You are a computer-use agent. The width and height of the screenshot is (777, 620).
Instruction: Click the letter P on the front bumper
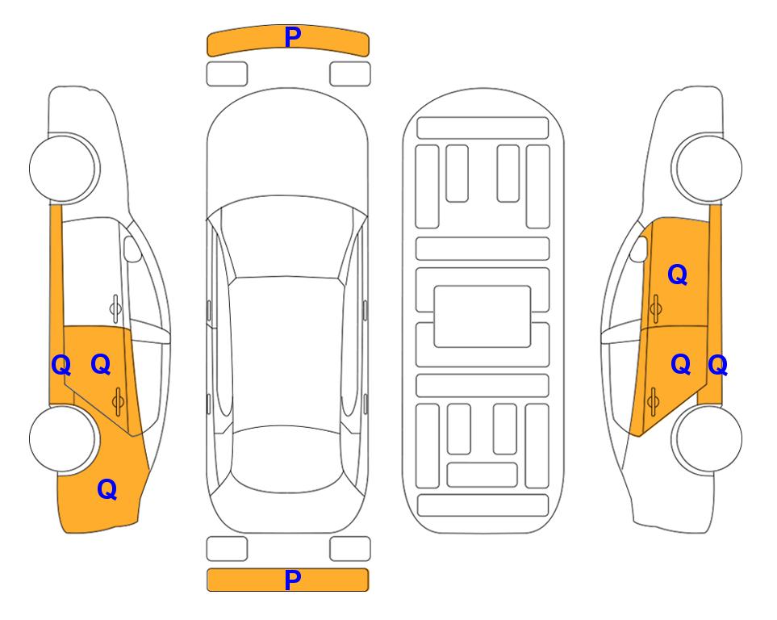click(x=293, y=36)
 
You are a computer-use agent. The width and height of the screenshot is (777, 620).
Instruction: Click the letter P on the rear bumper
click(x=293, y=580)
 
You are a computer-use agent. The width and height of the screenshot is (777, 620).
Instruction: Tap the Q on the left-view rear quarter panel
click(x=107, y=489)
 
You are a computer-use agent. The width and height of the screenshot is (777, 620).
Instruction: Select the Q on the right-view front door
click(x=678, y=274)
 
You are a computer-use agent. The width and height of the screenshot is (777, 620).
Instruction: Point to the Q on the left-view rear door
click(x=101, y=365)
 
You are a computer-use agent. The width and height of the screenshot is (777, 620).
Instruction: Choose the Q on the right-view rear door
click(x=681, y=365)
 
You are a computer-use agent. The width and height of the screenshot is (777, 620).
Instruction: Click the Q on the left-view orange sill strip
click(x=61, y=366)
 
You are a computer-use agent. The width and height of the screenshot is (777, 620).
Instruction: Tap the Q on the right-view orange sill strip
click(x=718, y=366)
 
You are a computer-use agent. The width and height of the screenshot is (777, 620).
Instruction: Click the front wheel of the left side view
click(x=64, y=168)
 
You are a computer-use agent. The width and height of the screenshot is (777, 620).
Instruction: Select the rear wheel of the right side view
click(x=707, y=438)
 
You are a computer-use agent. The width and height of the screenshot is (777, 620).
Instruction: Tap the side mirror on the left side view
click(x=132, y=249)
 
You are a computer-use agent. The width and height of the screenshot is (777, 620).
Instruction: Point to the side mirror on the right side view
click(x=639, y=249)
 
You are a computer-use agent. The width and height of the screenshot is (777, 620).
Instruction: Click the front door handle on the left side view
click(x=115, y=308)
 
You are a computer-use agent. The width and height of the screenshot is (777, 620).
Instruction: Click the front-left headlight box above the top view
click(x=227, y=74)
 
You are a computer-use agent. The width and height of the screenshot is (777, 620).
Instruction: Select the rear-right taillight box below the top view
click(x=350, y=549)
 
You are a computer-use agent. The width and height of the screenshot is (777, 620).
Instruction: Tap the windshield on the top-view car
click(x=287, y=238)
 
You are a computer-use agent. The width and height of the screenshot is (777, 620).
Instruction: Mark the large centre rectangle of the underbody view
click(x=482, y=316)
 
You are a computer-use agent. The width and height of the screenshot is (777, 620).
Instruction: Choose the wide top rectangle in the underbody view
click(x=482, y=128)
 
